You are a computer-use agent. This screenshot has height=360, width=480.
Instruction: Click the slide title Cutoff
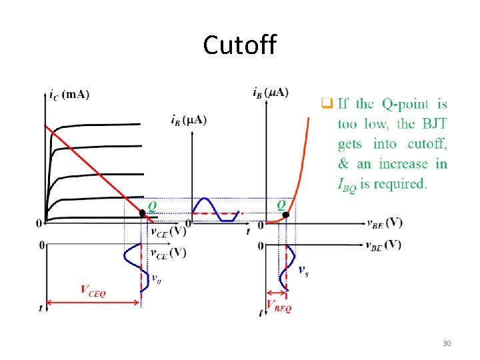pos(239,45)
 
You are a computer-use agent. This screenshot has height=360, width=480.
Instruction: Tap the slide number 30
pos(447,343)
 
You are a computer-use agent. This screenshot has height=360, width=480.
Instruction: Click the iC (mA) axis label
pos(69,94)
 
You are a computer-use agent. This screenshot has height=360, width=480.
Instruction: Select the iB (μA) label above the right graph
pos(271,92)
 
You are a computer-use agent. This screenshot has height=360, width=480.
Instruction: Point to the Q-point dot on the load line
pos(143,213)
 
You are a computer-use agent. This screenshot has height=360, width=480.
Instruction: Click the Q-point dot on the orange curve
pos(285,214)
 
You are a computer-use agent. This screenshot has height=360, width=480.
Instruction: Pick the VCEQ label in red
pos(93,291)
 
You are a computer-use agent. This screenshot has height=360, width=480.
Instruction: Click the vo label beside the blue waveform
pos(156,279)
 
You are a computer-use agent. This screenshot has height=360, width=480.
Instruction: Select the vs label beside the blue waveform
pos(303,269)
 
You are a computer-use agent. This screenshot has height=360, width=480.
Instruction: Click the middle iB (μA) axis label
pos(189,121)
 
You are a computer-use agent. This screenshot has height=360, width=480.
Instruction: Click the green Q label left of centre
pos(153,206)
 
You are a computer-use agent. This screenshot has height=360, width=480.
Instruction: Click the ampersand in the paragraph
pos(343,164)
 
